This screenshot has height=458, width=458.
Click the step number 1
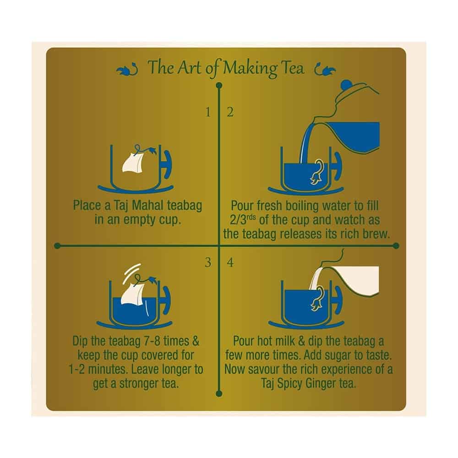pyautogui.click(x=208, y=112)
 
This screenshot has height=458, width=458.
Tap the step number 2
pyautogui.click(x=230, y=112)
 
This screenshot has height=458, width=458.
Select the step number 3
pyautogui.click(x=208, y=262)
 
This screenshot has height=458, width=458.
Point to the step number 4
pyautogui.click(x=230, y=262)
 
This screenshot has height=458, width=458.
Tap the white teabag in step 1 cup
pyautogui.click(x=133, y=163)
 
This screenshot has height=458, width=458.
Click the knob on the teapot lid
pyautogui.click(x=348, y=85)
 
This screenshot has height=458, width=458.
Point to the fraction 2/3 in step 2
pyautogui.click(x=238, y=220)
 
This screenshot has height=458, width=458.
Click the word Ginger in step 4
pyautogui.click(x=319, y=384)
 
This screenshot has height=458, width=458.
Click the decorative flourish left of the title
pyautogui.click(x=127, y=70)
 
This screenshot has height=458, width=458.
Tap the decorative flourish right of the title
pyautogui.click(x=325, y=70)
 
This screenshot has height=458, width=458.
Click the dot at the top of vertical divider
pyautogui.click(x=219, y=86)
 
